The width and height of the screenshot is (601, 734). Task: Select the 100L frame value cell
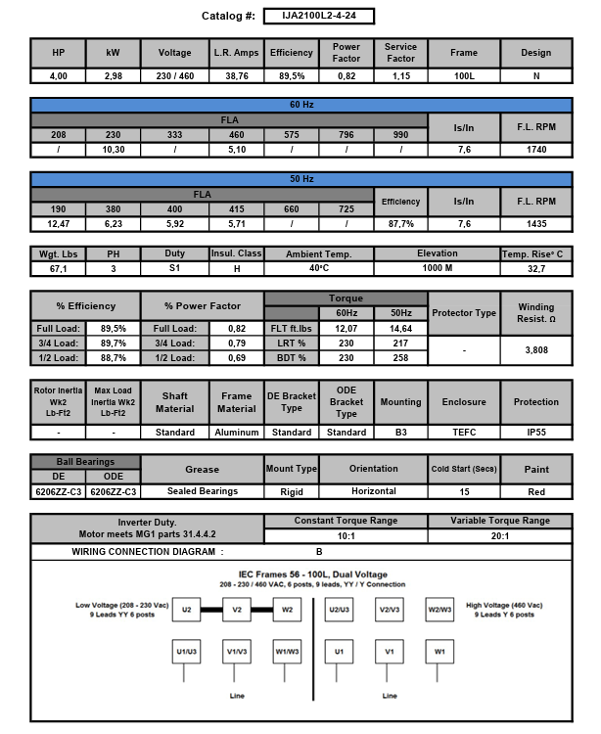(x=465, y=75)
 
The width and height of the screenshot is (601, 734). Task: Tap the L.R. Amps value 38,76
(x=236, y=75)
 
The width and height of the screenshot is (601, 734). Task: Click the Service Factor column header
(x=400, y=53)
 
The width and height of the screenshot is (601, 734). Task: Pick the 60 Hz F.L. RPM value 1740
(x=536, y=150)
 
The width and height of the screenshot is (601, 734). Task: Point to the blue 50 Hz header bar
(x=300, y=179)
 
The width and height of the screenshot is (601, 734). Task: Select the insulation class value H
(x=236, y=267)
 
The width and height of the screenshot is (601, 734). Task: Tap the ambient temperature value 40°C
(x=319, y=267)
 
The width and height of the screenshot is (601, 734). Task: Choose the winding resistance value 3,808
(x=536, y=348)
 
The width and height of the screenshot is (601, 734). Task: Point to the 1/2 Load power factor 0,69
(x=236, y=358)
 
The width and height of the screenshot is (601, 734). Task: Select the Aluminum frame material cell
(x=236, y=432)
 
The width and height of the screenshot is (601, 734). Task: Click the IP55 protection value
(x=536, y=432)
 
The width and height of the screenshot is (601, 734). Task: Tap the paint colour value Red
(x=536, y=491)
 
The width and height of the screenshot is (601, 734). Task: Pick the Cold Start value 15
(x=465, y=491)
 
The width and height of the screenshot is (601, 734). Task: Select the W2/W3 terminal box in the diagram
(x=439, y=610)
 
